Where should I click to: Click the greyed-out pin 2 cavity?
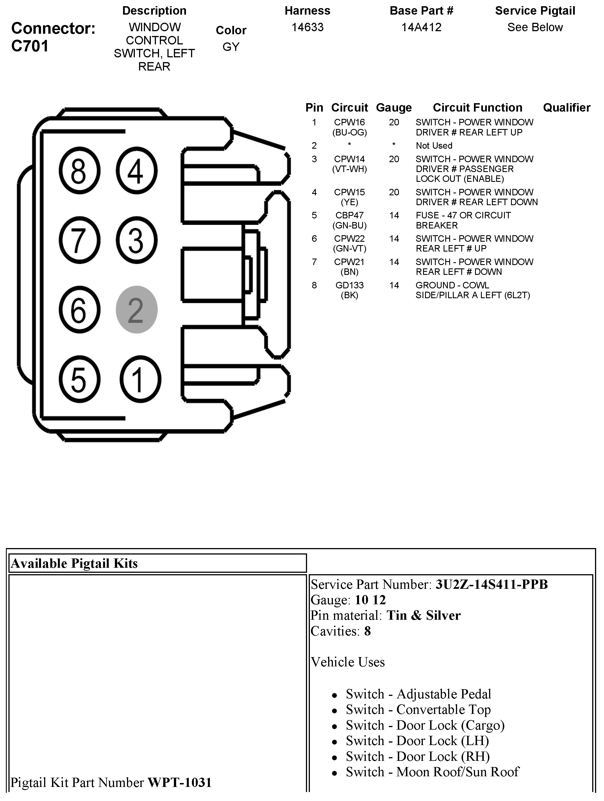[x=137, y=310]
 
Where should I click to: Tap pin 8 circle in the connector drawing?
[x=79, y=171]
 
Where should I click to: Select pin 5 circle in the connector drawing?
[x=79, y=379]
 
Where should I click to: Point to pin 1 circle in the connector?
[x=140, y=379]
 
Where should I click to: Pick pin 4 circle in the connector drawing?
[x=137, y=171]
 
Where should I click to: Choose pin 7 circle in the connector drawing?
[x=79, y=240]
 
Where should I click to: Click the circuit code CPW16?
[x=349, y=122]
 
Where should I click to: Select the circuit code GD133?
[x=349, y=285]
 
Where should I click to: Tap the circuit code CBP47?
[x=349, y=216]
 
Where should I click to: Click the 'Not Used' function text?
[x=434, y=146]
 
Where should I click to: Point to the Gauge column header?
[x=394, y=108]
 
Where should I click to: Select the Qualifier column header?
[x=566, y=108]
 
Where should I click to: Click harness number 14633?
[x=308, y=27]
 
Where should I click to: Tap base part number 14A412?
[x=421, y=27]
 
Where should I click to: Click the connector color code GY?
[x=231, y=47]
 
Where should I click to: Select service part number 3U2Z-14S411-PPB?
[x=491, y=585]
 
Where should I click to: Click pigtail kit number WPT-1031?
[x=180, y=782]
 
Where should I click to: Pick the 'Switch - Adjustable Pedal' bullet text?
[x=418, y=694]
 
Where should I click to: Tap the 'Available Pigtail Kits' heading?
[x=74, y=564]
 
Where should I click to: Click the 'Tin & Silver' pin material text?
[x=423, y=615]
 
